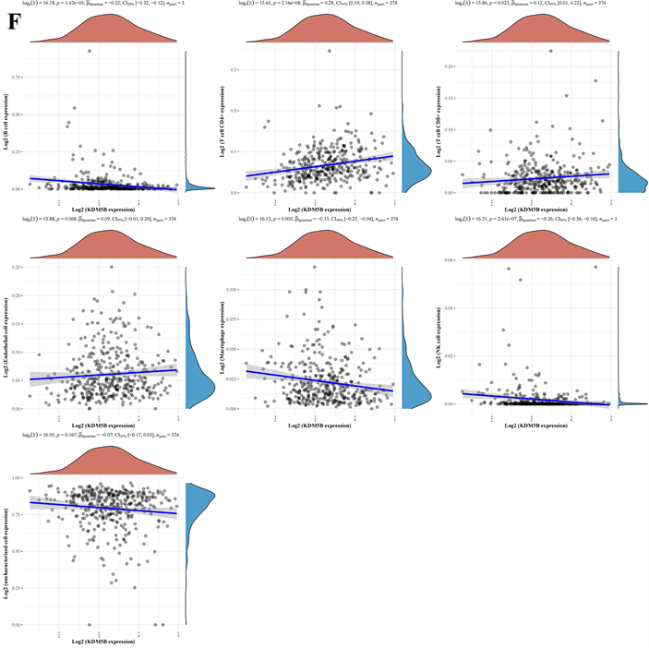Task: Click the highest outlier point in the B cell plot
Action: click(90, 51)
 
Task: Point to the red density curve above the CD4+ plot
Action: click(315, 33)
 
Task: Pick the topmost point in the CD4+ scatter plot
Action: click(330, 51)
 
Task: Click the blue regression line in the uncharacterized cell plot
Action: click(102, 506)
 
